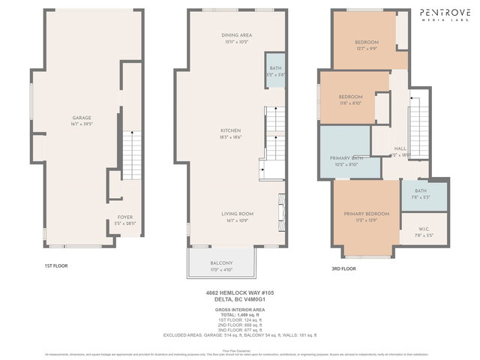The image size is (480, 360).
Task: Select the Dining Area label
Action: (x=237, y=35)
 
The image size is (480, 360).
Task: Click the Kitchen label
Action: (x=230, y=130)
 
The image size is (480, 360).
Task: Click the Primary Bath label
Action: (x=346, y=158)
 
